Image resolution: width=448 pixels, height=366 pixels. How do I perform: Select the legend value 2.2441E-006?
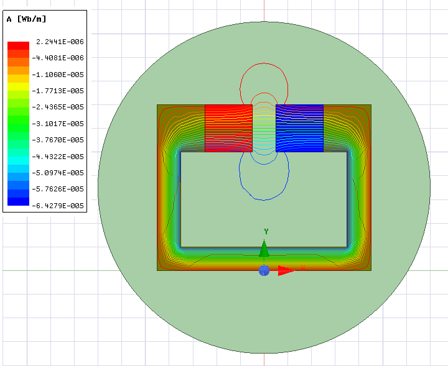click(60, 42)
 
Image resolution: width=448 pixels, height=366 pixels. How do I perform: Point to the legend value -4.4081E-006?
click(60, 58)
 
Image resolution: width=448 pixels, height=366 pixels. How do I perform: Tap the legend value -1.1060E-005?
click(60, 75)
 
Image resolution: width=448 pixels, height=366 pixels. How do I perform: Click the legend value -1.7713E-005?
click(60, 91)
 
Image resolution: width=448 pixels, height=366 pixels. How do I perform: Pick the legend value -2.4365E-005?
click(60, 107)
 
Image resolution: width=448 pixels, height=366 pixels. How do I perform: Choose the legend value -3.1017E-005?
click(60, 124)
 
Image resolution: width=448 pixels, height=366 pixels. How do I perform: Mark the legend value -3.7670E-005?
click(60, 140)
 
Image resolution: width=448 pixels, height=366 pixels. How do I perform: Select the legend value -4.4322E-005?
click(60, 157)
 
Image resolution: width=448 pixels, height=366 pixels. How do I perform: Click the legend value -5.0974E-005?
click(60, 173)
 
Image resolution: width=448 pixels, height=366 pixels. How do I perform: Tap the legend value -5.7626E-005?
click(60, 189)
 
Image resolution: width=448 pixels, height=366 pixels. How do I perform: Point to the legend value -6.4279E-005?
click(60, 206)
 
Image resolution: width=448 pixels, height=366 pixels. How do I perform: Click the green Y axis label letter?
click(266, 232)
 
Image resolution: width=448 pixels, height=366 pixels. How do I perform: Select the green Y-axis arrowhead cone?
click(264, 249)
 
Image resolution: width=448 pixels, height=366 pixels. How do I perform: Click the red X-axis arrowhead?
click(286, 270)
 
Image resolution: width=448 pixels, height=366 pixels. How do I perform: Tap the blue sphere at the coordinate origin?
click(264, 270)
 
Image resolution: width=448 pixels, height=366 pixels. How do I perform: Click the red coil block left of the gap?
click(228, 128)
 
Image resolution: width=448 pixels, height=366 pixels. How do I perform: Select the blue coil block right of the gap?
click(299, 128)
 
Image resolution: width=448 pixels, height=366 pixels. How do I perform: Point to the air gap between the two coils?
click(264, 128)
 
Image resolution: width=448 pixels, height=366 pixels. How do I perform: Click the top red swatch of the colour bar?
click(18, 45)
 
